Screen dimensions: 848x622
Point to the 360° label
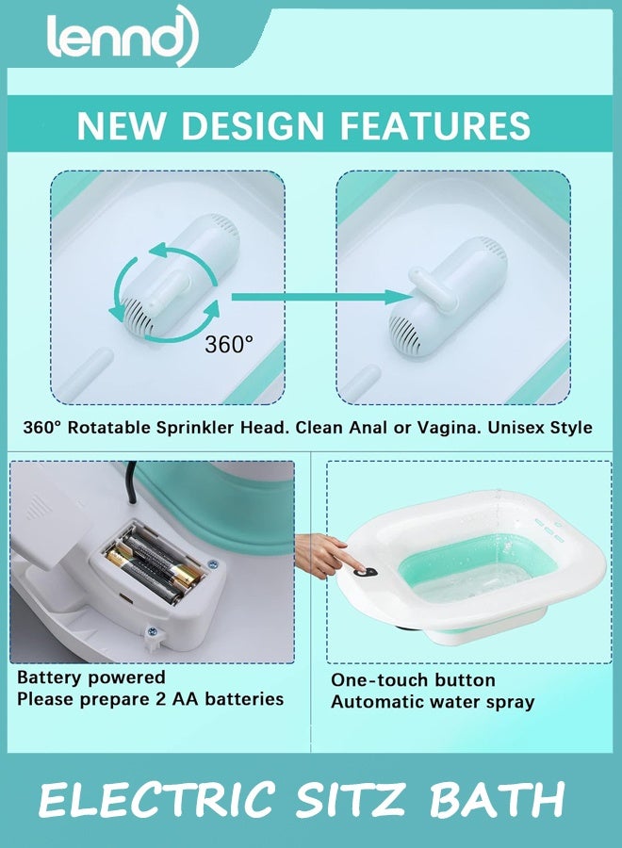click(229, 344)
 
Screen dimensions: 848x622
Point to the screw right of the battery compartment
click(213, 563)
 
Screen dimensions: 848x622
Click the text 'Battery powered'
click(91, 677)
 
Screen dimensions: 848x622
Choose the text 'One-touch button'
click(413, 680)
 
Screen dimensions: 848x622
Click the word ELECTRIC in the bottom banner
click(156, 801)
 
